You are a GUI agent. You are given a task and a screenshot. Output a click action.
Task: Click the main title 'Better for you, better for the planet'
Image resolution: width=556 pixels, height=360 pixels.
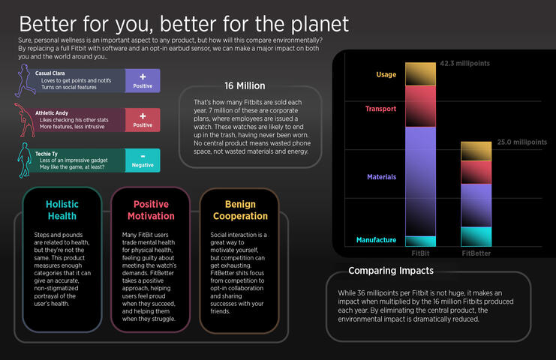(x=184, y=23)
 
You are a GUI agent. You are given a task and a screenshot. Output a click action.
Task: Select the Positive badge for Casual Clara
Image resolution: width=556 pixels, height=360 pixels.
(x=142, y=80)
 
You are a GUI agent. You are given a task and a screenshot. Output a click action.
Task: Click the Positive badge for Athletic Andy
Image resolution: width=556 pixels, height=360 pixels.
(x=142, y=120)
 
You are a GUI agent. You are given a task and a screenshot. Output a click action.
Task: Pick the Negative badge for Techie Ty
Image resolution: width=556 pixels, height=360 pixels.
(x=142, y=160)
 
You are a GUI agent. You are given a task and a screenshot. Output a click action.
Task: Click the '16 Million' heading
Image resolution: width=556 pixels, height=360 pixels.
(x=244, y=85)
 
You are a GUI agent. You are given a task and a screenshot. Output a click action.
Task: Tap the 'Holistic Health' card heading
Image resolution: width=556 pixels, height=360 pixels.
(x=62, y=210)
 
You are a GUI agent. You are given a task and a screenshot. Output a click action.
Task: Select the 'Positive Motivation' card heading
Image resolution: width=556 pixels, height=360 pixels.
(x=151, y=210)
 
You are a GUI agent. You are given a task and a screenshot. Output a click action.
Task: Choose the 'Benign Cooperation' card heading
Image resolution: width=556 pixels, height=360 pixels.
(x=240, y=210)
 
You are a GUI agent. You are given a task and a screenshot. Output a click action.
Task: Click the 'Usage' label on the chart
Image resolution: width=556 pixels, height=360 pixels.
(x=386, y=75)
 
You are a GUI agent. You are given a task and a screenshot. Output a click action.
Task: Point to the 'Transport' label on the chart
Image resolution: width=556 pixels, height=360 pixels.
(x=380, y=109)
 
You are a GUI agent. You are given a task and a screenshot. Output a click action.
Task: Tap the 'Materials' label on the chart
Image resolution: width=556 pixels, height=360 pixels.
(x=382, y=177)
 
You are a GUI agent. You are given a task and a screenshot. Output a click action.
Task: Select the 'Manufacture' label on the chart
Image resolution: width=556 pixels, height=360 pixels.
(x=376, y=240)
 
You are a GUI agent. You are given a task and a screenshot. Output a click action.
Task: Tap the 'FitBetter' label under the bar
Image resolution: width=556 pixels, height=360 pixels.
(x=476, y=253)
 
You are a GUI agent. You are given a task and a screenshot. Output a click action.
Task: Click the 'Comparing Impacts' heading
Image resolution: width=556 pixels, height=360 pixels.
(x=390, y=271)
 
